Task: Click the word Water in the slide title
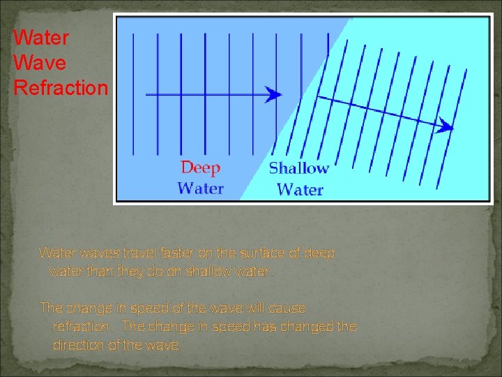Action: [x=41, y=36]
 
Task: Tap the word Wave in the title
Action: [x=40, y=63]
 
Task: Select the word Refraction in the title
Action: [x=61, y=89]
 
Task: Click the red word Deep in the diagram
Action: [x=200, y=168]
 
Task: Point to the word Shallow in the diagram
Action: [x=298, y=168]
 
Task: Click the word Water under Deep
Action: [x=200, y=188]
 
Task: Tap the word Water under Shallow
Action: [x=300, y=189]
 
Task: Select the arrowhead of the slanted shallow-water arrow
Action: [x=446, y=127]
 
